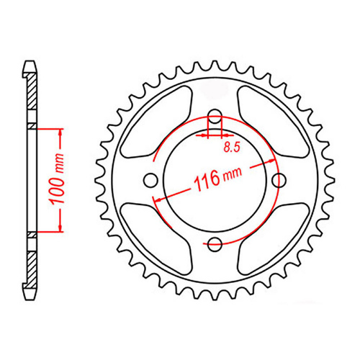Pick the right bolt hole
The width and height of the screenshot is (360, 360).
[279, 180]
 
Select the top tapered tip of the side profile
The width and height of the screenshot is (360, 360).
[30, 64]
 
